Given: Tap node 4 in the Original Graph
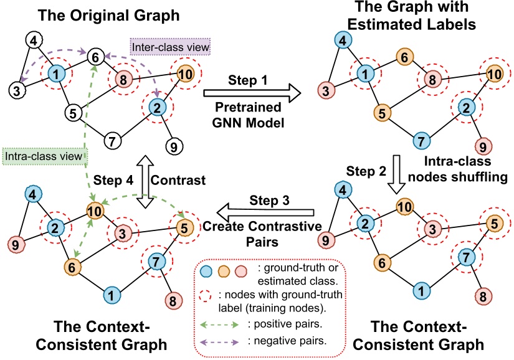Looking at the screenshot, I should pos(35,43).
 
